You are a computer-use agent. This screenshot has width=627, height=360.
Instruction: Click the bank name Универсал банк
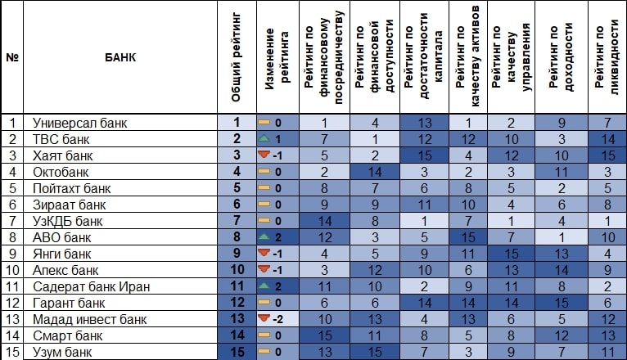(x=74, y=123)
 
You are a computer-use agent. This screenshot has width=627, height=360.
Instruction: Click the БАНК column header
(x=120, y=58)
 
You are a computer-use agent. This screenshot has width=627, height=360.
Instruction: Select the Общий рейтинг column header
(x=236, y=58)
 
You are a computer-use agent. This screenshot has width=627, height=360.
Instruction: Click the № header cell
(x=12, y=58)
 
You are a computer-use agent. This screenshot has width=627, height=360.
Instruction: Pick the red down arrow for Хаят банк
(x=264, y=155)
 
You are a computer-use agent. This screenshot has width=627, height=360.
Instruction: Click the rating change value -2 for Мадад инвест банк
(x=279, y=319)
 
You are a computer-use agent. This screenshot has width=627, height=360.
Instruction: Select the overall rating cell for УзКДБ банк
(x=236, y=221)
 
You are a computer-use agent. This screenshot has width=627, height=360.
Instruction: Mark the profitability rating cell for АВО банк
(x=562, y=237)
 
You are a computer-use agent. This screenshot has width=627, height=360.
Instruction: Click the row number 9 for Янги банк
(x=12, y=254)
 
